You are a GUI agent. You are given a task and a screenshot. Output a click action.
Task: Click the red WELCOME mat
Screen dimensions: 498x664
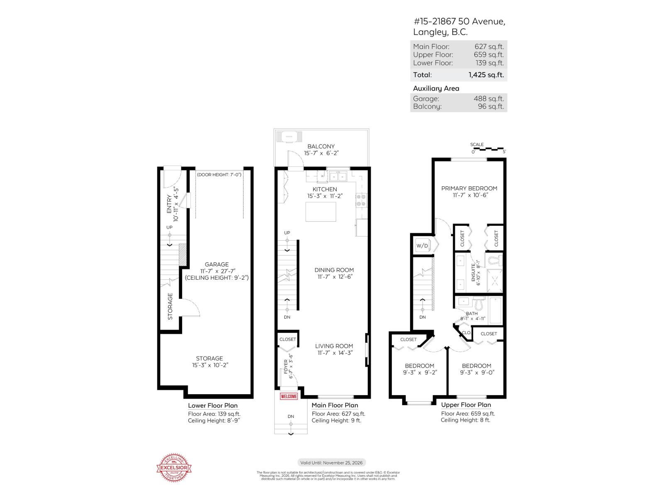click(289, 396)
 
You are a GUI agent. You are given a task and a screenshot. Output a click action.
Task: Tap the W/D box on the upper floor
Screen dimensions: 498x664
click(422, 246)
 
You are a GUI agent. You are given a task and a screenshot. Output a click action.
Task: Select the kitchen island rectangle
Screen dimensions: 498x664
click(320, 212)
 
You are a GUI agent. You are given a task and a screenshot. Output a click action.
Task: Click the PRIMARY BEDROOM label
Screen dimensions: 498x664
click(469, 188)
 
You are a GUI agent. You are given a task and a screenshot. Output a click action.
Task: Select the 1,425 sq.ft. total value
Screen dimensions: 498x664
click(486, 75)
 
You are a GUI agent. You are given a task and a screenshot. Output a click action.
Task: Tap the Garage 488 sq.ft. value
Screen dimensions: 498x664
click(488, 99)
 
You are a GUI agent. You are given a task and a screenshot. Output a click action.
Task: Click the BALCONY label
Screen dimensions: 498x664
click(321, 146)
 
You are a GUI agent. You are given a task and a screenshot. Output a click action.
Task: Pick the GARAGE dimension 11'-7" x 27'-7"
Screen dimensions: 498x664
click(216, 271)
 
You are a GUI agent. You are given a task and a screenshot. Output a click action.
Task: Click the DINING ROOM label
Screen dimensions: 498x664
click(334, 270)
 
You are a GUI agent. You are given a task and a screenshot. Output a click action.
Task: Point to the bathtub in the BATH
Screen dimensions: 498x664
click(496, 310)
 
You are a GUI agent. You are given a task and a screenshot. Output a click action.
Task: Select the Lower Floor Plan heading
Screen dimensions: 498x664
click(213, 405)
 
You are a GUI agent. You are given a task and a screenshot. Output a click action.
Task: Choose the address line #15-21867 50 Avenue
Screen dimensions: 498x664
click(459, 22)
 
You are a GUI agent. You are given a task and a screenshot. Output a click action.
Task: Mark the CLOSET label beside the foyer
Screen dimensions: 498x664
click(288, 339)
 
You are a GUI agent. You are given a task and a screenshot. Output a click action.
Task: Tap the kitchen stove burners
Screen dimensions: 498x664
click(361, 200)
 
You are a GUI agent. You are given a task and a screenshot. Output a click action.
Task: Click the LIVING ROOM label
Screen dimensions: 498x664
click(334, 346)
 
